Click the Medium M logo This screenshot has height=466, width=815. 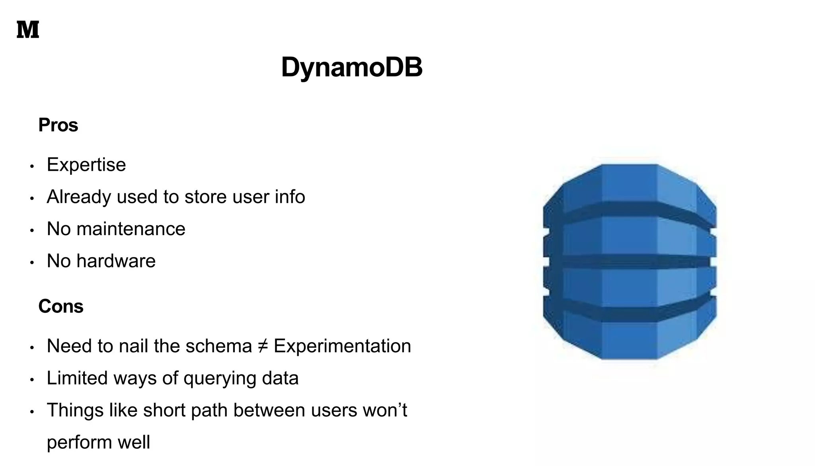point(28,30)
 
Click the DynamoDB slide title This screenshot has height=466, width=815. point(351,67)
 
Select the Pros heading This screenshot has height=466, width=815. point(58,125)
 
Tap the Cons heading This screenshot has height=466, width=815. point(61,306)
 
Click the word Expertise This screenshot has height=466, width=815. point(86,165)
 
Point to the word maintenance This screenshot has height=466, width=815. point(131,229)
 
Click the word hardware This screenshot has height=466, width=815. point(116,261)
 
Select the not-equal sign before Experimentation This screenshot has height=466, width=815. point(263,346)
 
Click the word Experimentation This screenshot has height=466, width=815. point(342,346)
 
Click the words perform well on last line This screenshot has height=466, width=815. point(98,442)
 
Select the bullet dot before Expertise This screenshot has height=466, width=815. point(32,166)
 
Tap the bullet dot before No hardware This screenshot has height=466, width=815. point(32,263)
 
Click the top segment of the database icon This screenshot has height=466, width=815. point(629,183)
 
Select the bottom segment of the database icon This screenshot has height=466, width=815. point(629,338)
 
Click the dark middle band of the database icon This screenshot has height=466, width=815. point(629,261)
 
